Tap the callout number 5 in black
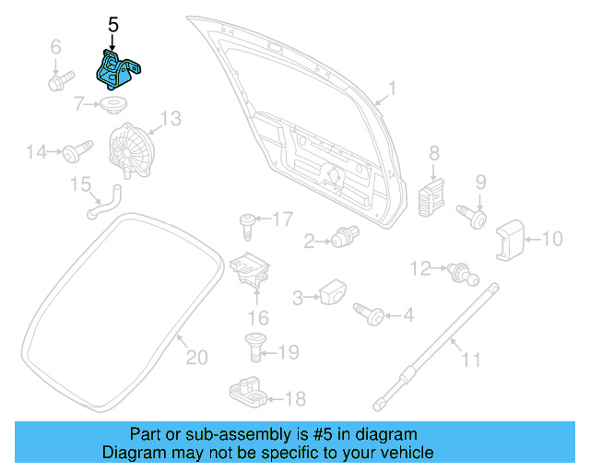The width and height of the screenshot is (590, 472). tap(112, 25)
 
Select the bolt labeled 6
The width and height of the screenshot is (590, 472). tap(57, 81)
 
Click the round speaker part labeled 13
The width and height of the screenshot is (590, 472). tap(129, 149)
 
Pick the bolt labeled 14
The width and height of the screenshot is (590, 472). tap(76, 150)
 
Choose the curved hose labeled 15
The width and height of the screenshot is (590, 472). tap(102, 204)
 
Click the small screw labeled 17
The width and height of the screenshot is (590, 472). tap(248, 221)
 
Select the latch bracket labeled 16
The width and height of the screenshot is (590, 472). tap(253, 269)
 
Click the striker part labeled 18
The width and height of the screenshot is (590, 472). tap(248, 393)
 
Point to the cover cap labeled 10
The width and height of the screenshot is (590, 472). tap(511, 240)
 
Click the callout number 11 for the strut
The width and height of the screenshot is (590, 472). tap(470, 360)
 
